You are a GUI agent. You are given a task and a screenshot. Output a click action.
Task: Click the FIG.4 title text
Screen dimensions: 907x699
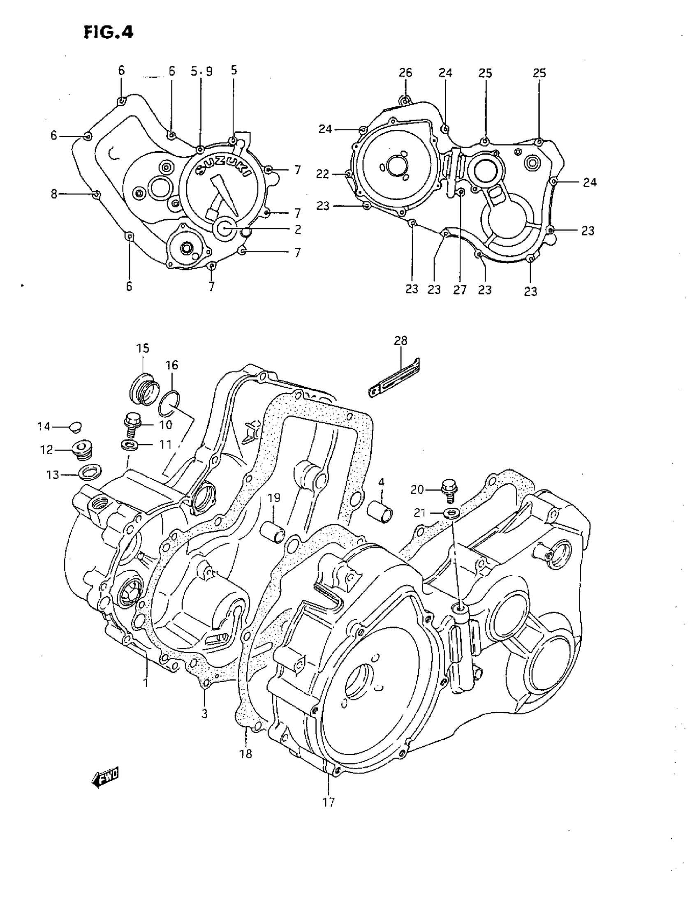tap(109, 32)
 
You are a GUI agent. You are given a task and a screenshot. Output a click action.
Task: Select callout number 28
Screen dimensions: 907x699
tap(400, 341)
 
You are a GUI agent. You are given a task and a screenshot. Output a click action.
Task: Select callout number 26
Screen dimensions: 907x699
tap(405, 73)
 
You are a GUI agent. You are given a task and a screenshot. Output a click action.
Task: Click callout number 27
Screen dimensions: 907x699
tap(460, 289)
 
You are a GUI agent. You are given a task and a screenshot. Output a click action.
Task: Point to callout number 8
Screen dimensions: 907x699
tap(54, 194)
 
